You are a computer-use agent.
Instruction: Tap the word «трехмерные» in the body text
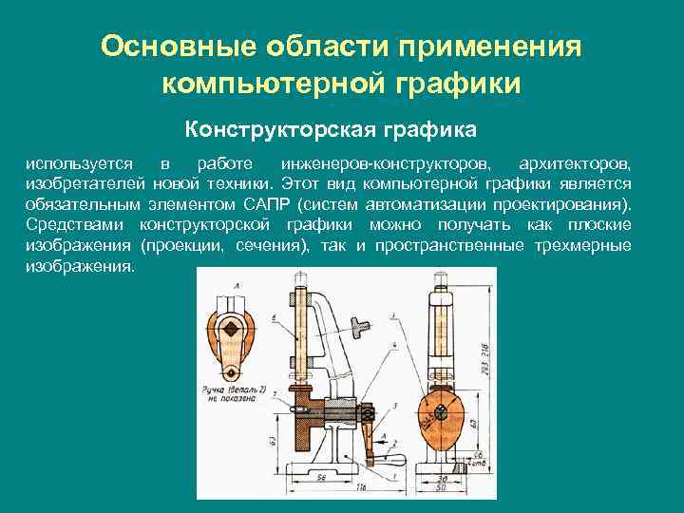(x=582, y=245)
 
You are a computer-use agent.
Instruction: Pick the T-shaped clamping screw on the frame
(x=357, y=330)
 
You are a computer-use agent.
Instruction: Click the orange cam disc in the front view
(x=442, y=418)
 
